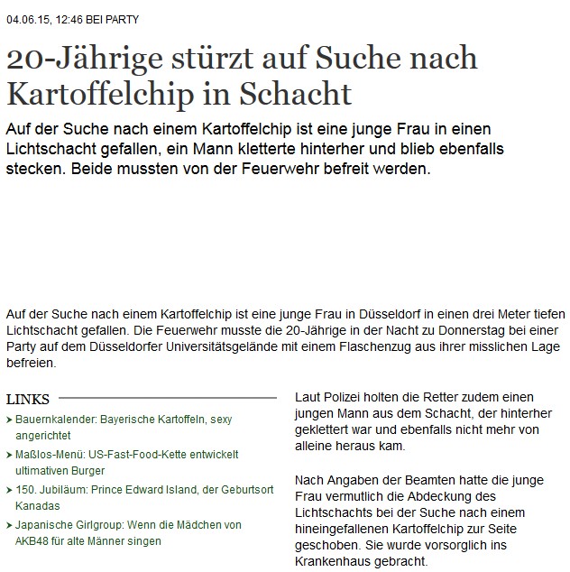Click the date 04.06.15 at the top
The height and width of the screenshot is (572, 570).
[25, 19]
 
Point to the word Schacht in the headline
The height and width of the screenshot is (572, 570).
[301, 93]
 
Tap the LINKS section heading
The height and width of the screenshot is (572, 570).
[27, 399]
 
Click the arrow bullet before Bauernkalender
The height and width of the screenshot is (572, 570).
[8, 420]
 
